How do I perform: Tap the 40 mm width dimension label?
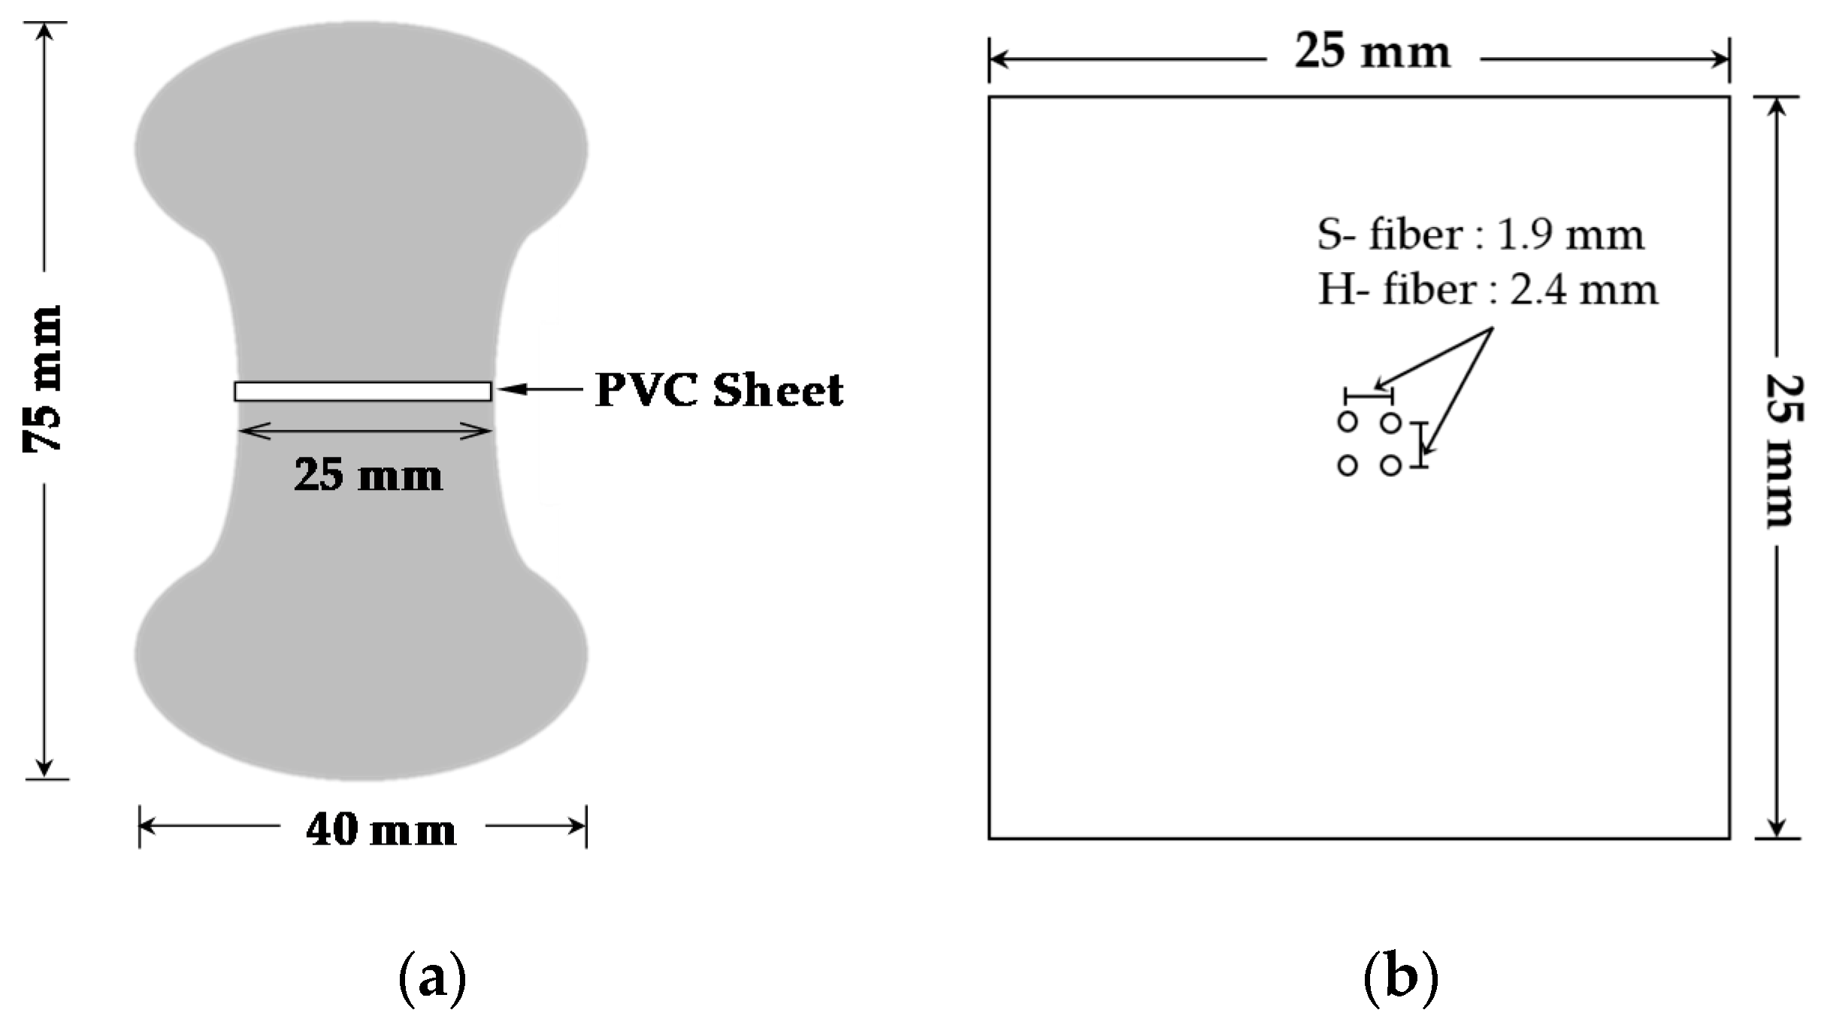point(381,830)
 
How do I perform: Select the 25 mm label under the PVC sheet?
point(368,476)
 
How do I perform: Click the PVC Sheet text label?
point(719,390)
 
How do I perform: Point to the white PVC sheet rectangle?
point(363,392)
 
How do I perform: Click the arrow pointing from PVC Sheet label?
point(540,389)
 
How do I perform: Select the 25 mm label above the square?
point(1372,53)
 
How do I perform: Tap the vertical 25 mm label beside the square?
point(1780,451)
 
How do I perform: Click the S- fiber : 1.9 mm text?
point(1480,235)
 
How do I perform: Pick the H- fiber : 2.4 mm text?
point(1487,290)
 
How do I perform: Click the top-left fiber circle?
point(1348,422)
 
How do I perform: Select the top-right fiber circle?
point(1391,423)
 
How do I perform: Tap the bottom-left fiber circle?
point(1348,466)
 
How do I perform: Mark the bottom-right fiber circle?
point(1391,466)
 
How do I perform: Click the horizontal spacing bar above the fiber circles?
point(1369,395)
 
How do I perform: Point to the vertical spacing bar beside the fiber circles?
point(1419,445)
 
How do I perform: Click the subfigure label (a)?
point(432,978)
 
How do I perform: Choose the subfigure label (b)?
point(1400,978)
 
